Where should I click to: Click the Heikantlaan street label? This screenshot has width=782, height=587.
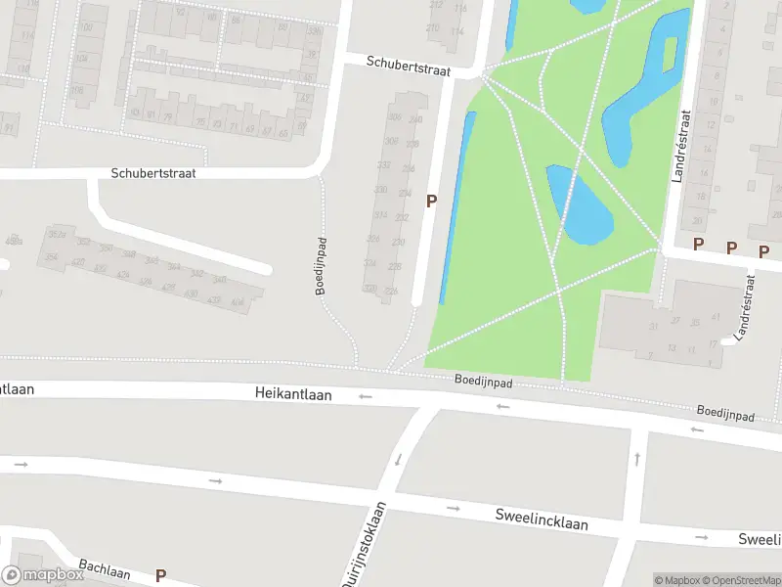click(x=293, y=394)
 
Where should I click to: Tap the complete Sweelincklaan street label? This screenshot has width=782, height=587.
click(x=542, y=519)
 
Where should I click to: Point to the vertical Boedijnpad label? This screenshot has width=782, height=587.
click(x=320, y=266)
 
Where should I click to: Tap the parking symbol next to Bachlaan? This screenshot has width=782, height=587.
click(x=160, y=576)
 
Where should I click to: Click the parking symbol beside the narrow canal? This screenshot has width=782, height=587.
click(x=430, y=201)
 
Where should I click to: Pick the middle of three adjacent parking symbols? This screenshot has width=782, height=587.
click(x=731, y=248)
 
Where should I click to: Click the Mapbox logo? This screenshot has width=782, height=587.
click(x=42, y=575)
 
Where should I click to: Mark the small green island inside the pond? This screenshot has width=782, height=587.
click(x=670, y=54)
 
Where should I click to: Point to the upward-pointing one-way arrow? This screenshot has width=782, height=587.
click(x=636, y=458)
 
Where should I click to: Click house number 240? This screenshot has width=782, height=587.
click(x=416, y=120)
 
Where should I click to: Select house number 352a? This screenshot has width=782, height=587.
click(x=57, y=235)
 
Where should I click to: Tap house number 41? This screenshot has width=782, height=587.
click(x=717, y=317)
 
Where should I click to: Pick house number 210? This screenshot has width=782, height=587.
click(x=433, y=27)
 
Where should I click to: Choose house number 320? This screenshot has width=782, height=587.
click(x=369, y=288)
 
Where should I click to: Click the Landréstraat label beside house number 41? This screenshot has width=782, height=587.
click(x=748, y=303)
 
